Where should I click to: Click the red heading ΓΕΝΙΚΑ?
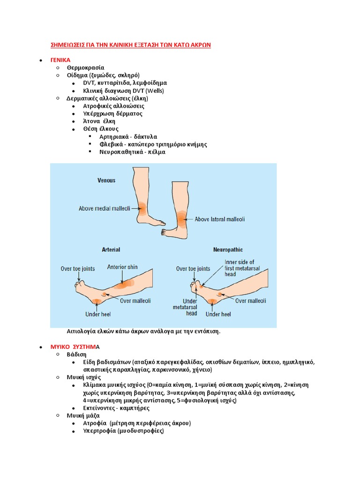pos(60,60)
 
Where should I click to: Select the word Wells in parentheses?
pos(154,91)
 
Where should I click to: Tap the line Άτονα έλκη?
pos(99,121)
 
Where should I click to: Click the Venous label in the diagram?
pos(106,180)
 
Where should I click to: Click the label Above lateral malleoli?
pos(219,219)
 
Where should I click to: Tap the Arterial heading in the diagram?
pos(111,250)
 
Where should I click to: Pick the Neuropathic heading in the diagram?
pos(228,250)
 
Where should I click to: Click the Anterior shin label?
pos(122,267)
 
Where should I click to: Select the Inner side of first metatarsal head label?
pos(239,268)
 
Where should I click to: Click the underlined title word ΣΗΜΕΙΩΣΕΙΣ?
pos(68,45)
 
